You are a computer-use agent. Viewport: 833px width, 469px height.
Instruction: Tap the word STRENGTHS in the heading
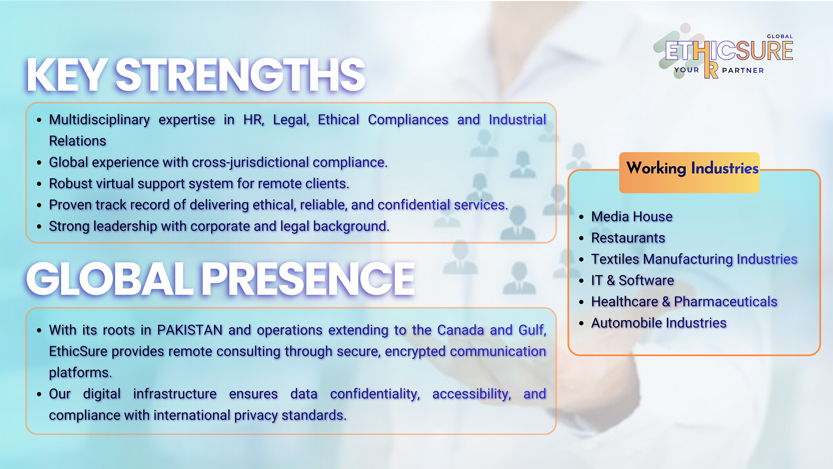[240, 75]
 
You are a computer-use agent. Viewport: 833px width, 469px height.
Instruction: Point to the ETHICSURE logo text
[729, 51]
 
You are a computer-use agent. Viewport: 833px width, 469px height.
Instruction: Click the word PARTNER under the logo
[743, 70]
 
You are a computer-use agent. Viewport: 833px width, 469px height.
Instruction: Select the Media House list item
[632, 217]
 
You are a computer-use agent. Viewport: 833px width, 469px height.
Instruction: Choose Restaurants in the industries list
[628, 238]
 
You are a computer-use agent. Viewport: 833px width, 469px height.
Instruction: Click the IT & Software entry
[633, 281]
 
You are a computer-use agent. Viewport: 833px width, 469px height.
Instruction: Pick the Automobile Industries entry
[659, 323]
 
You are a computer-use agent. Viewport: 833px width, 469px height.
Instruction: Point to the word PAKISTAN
[190, 330]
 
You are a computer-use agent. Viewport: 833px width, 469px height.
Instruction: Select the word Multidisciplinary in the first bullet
[100, 120]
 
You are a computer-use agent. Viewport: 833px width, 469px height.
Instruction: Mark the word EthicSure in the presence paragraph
[78, 351]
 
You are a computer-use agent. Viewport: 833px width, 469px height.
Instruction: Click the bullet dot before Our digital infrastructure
[39, 394]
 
